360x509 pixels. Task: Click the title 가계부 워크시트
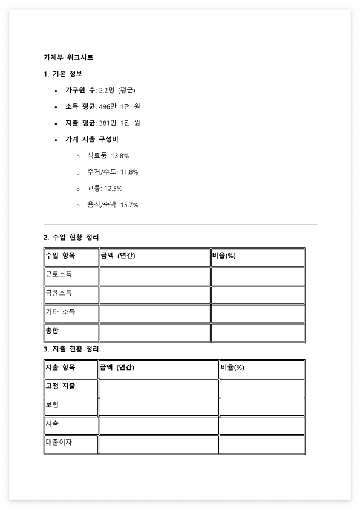point(68,57)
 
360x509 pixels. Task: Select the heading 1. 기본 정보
point(63,74)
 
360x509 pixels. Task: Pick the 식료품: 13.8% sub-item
point(108,156)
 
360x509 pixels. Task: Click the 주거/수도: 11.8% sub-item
point(113,172)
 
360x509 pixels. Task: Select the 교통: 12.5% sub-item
point(104,189)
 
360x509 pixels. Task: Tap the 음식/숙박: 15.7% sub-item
point(113,205)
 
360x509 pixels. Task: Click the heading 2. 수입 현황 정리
point(71,237)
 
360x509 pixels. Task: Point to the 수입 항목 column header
point(61,256)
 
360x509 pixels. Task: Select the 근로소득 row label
point(59,274)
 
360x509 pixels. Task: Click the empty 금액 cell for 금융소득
point(155,295)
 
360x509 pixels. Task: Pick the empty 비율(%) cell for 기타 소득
point(257,314)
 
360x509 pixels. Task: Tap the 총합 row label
point(53,331)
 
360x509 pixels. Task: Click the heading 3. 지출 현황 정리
point(71,349)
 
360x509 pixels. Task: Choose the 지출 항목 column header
point(61,368)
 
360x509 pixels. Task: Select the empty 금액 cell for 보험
point(159,407)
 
